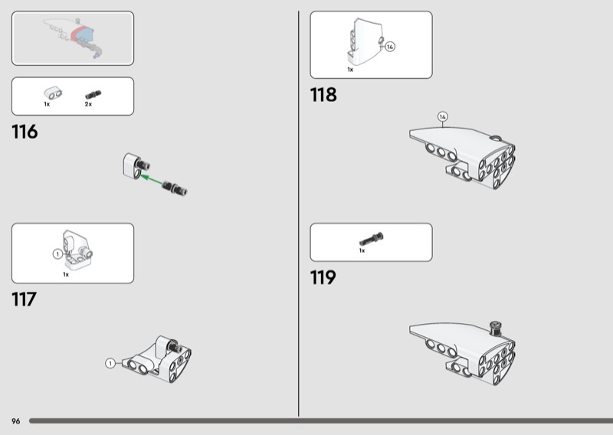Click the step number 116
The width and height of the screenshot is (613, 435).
25,132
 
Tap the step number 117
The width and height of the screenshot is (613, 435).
24,299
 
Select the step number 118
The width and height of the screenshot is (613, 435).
323,96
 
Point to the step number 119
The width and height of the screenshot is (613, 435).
323,277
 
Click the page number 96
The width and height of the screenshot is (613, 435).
15,421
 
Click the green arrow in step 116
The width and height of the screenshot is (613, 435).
156,181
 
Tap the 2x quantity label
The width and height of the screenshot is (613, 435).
88,103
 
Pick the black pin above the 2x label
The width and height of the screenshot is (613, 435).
93,94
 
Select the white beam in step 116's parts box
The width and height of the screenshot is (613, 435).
51,93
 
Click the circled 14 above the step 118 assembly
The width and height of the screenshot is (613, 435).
442,116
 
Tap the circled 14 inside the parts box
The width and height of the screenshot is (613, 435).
389,47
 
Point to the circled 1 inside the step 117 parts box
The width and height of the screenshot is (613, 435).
57,253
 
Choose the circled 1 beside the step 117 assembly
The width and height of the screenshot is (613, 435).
110,363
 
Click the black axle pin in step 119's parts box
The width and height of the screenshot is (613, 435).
371,240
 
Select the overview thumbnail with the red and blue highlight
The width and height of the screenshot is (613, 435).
72,38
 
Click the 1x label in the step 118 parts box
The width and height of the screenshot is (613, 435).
350,70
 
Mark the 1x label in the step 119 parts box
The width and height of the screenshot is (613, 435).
362,250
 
